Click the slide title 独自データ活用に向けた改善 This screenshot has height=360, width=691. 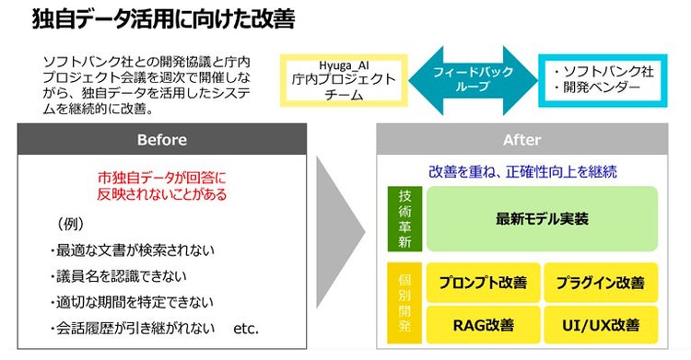(152, 20)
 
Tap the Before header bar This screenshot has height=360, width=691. (161, 140)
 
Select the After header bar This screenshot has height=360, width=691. (521, 140)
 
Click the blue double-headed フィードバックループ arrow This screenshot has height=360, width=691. (473, 78)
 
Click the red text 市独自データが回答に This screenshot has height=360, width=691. (162, 177)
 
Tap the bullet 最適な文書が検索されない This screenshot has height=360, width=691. (135, 250)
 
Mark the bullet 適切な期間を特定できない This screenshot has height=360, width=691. (135, 301)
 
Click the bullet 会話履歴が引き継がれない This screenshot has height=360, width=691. (135, 327)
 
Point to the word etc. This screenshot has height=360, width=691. (247, 327)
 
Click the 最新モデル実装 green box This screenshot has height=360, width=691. (543, 219)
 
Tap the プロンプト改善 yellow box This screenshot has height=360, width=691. (483, 282)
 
